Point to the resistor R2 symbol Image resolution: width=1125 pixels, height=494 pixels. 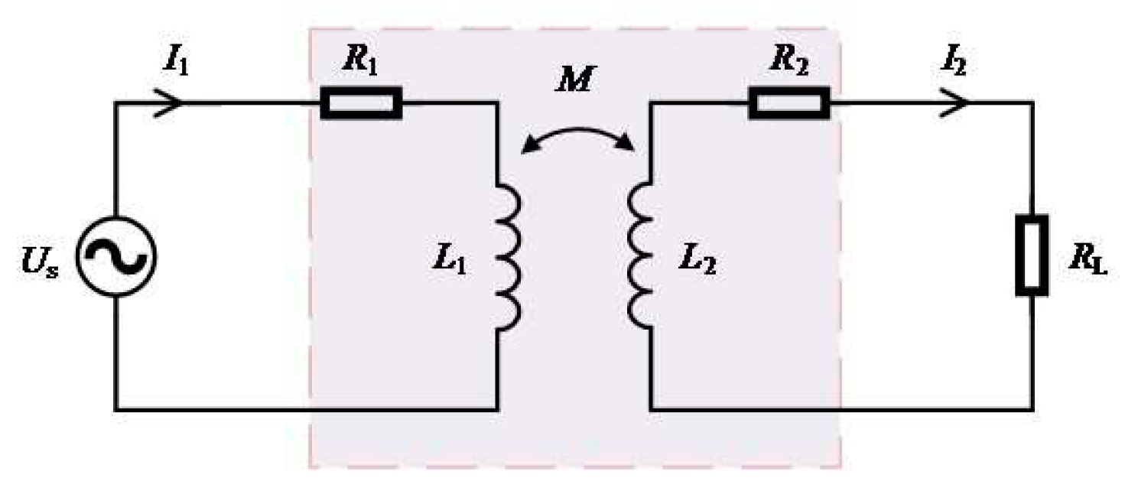pos(788,103)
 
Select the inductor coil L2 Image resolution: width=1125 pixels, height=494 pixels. pos(640,255)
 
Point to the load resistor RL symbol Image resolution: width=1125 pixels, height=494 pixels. pos(1032,255)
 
